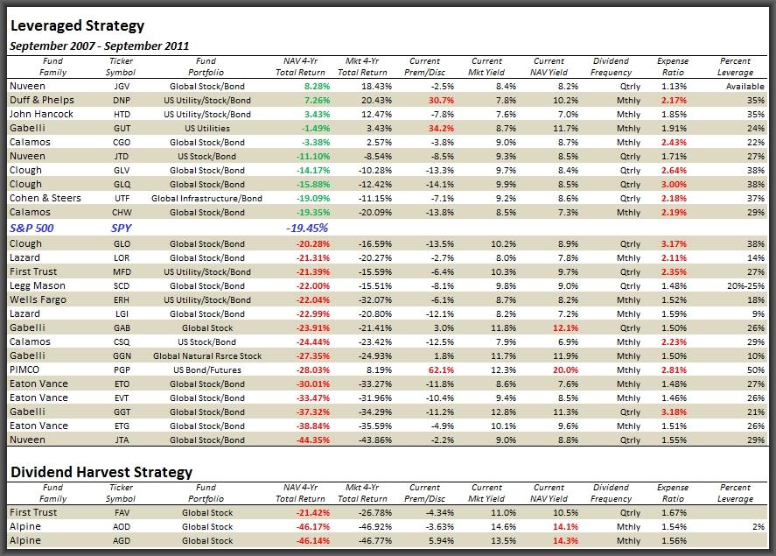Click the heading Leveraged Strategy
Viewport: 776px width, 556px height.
coord(78,25)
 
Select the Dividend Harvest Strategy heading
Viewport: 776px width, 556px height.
coord(101,472)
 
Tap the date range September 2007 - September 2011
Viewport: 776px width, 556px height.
coord(100,46)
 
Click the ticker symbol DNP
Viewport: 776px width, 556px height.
coord(122,100)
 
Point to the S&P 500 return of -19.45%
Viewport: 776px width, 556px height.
coord(307,229)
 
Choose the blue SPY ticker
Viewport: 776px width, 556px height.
coord(122,229)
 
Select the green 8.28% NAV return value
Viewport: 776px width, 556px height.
coord(318,86)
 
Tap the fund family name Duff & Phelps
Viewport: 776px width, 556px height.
coord(42,100)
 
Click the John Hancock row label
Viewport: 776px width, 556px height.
coord(42,114)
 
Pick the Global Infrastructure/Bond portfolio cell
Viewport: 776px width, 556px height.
coord(206,199)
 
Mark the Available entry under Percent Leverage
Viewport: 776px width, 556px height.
coord(745,86)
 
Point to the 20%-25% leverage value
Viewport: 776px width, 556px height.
coord(745,285)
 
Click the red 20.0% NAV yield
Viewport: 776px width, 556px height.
coord(566,369)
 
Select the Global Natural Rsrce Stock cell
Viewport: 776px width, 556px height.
coord(207,356)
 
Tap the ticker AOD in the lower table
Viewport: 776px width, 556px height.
coord(122,527)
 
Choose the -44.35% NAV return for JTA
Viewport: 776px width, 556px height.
coord(313,440)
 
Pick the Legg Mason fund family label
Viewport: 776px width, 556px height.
coord(38,285)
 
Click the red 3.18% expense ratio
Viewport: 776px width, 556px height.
coord(674,412)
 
